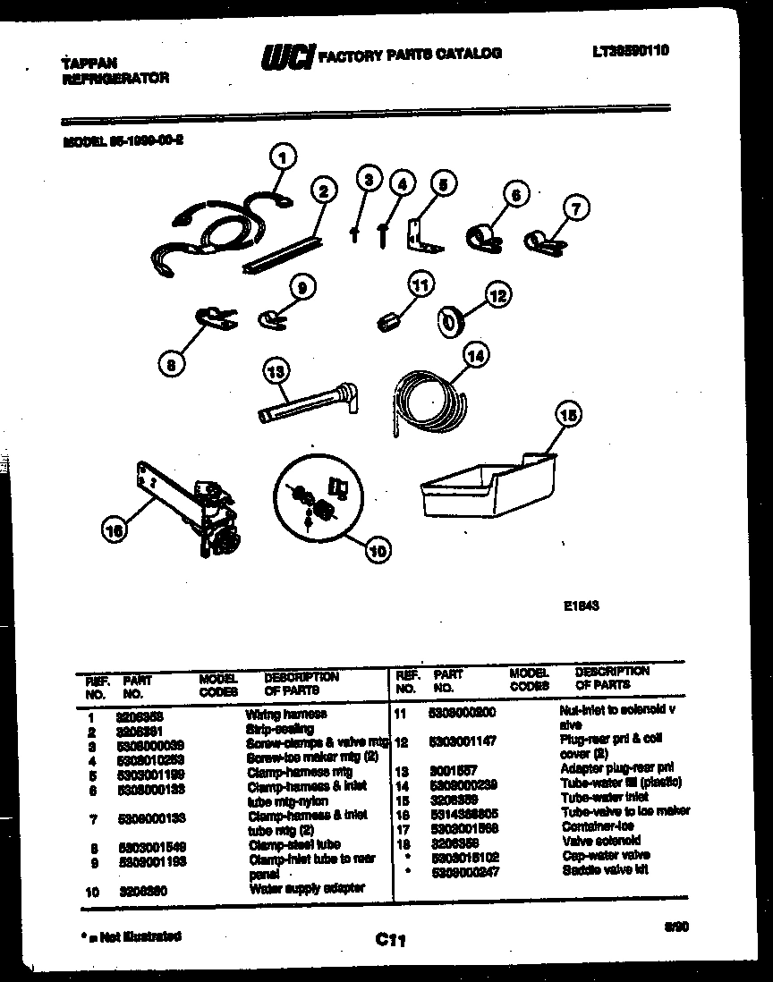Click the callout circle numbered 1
click(283, 159)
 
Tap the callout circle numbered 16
click(115, 531)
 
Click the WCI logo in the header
click(286, 57)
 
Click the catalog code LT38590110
click(630, 51)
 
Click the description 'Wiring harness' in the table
click(285, 715)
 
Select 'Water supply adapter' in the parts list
click(307, 888)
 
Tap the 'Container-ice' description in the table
click(599, 827)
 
